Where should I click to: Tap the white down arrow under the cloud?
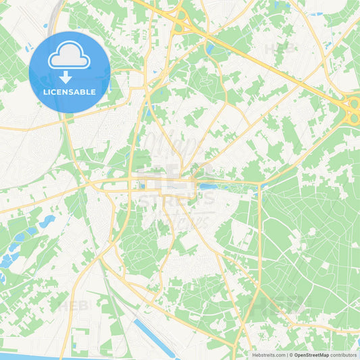(x=66, y=77)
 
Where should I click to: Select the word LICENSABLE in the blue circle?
(x=69, y=92)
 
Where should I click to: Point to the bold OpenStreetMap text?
(x=311, y=355)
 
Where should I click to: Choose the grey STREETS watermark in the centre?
(x=177, y=200)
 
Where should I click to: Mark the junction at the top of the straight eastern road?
(x=259, y=184)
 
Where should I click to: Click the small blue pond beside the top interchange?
(x=209, y=49)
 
